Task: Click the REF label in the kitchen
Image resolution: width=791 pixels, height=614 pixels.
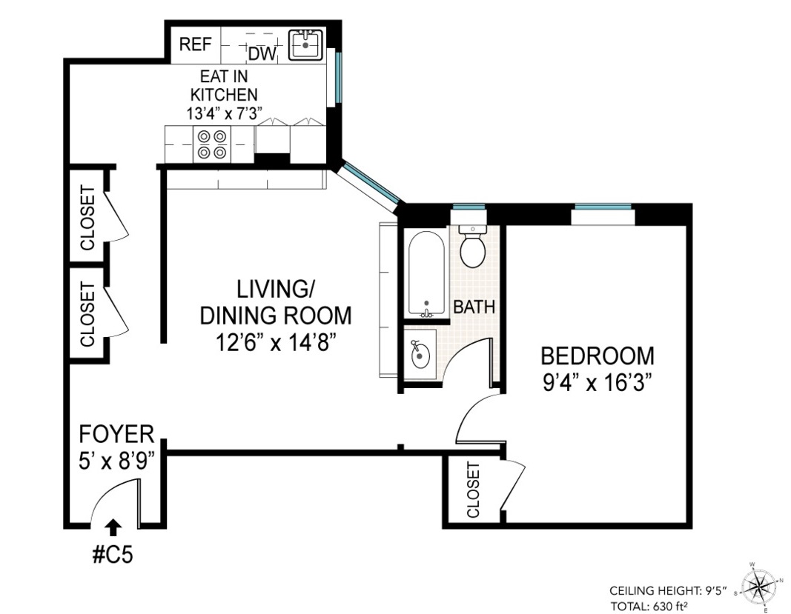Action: (195, 44)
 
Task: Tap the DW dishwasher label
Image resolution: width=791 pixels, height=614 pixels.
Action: (262, 53)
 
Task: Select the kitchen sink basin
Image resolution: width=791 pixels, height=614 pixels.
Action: (305, 45)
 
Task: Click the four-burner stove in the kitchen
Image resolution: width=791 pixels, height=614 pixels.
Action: (212, 144)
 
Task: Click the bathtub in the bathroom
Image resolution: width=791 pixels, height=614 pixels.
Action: (426, 274)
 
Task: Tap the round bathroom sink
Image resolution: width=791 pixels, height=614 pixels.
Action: (420, 355)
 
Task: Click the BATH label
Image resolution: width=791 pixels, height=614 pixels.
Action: (474, 307)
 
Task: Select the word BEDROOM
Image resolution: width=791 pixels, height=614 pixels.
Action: (598, 356)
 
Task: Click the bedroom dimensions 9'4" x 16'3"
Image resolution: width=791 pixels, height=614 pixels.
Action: (598, 383)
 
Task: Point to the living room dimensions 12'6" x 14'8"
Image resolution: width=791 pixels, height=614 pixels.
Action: (276, 343)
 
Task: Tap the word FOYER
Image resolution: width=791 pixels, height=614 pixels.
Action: (116, 434)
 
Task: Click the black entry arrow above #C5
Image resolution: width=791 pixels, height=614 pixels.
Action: (114, 527)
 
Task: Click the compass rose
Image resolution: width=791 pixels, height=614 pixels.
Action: (759, 587)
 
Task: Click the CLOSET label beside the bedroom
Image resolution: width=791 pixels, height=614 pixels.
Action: (473, 490)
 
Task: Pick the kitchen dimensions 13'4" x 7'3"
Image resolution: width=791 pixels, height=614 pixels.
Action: (223, 113)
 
